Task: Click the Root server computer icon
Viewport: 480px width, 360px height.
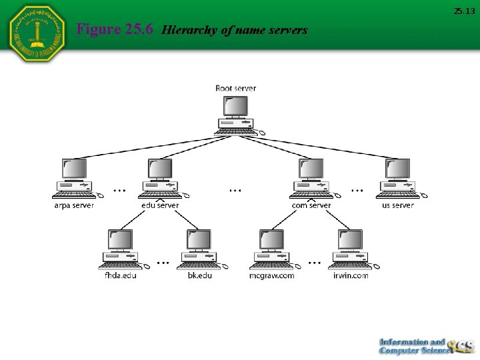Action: [236, 115]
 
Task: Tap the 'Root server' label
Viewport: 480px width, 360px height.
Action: [235, 88]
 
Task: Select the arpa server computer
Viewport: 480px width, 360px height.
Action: [75, 178]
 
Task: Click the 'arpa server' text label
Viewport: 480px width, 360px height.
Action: [74, 205]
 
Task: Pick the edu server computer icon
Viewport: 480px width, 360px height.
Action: [160, 178]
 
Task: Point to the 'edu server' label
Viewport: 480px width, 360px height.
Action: [160, 205]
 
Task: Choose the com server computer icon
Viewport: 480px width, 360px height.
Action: [311, 178]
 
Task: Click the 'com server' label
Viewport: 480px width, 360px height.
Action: [311, 205]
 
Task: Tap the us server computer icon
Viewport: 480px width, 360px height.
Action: [398, 178]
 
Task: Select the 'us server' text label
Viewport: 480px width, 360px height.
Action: [398, 205]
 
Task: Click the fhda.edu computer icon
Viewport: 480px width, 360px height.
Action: [121, 249]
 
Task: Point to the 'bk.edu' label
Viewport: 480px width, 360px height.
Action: [199, 275]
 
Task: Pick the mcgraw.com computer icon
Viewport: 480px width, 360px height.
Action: [272, 249]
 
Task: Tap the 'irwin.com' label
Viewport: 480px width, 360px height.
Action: [351, 275]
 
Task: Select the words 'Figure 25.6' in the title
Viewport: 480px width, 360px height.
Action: [115, 29]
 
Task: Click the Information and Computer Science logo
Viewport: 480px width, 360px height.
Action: [425, 346]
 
